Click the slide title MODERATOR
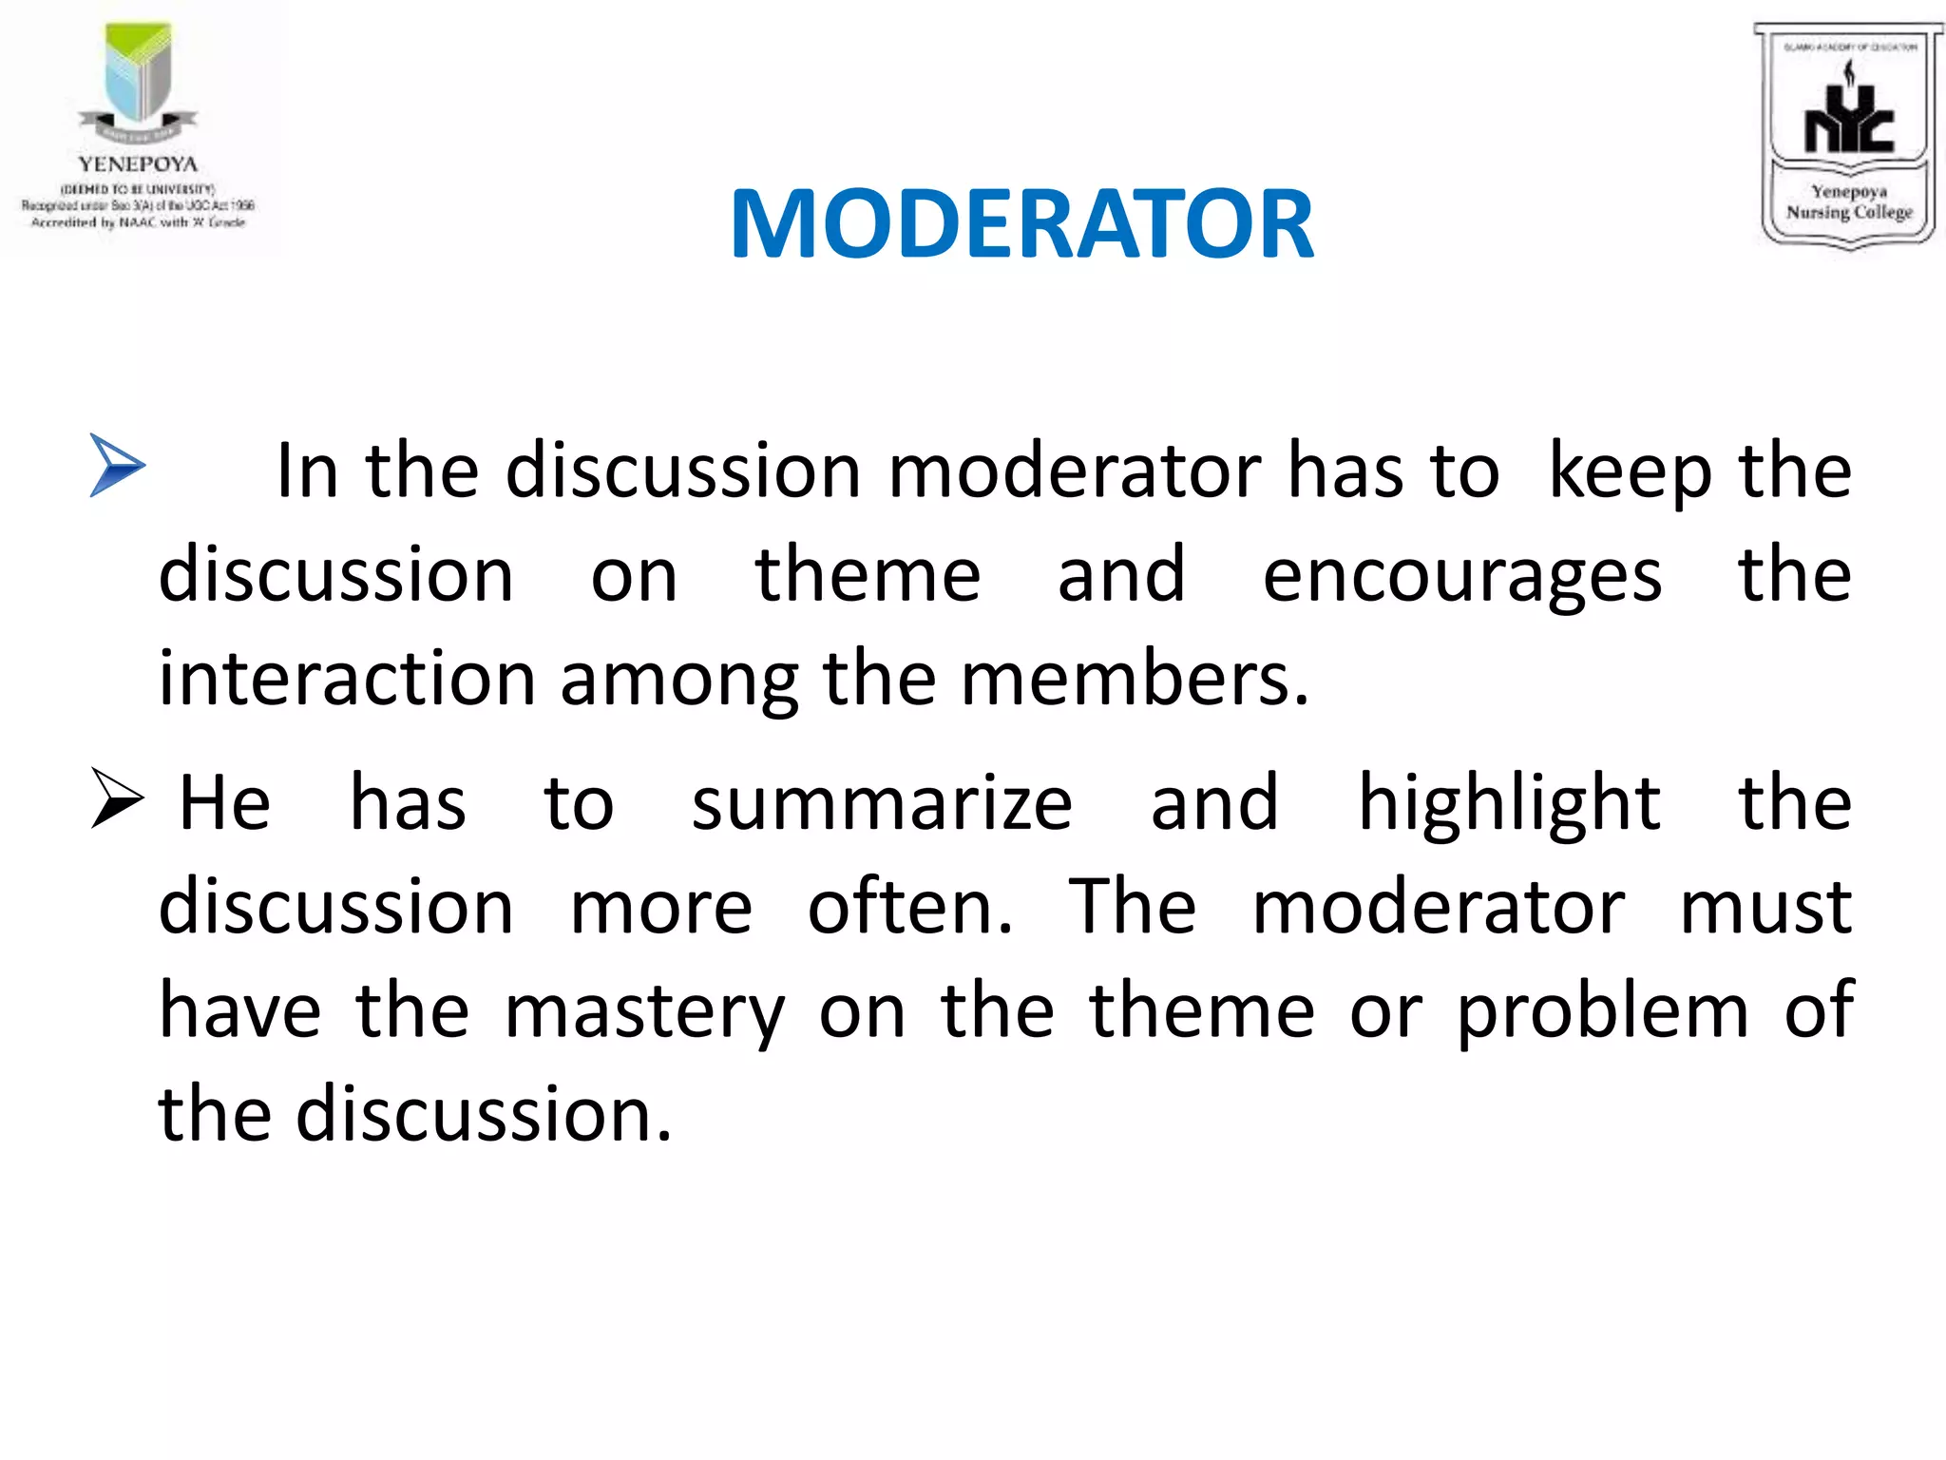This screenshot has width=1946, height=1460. pyautogui.click(x=1021, y=224)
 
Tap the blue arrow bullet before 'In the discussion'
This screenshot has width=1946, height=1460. pyautogui.click(x=117, y=465)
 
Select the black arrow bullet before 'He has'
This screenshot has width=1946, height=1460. pyautogui.click(x=117, y=797)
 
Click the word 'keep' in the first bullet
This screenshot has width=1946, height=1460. pyautogui.click(x=1629, y=471)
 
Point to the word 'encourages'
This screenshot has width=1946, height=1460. pyautogui.click(x=1461, y=576)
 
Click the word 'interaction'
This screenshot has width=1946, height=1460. pyautogui.click(x=347, y=679)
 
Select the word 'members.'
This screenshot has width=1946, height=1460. pyautogui.click(x=1135, y=679)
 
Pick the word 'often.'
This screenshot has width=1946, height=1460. pyautogui.click(x=910, y=907)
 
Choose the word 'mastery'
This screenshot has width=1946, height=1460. pyautogui.click(x=644, y=1011)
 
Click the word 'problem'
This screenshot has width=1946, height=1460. pyautogui.click(x=1602, y=1011)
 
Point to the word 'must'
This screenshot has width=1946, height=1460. pyautogui.click(x=1765, y=907)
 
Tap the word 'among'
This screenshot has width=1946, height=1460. pyautogui.click(x=678, y=681)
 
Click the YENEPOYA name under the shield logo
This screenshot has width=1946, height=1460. pyautogui.click(x=138, y=164)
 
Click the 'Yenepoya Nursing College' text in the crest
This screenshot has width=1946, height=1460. pyautogui.click(x=1848, y=202)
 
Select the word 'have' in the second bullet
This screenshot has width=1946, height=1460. pyautogui.click(x=239, y=1011)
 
